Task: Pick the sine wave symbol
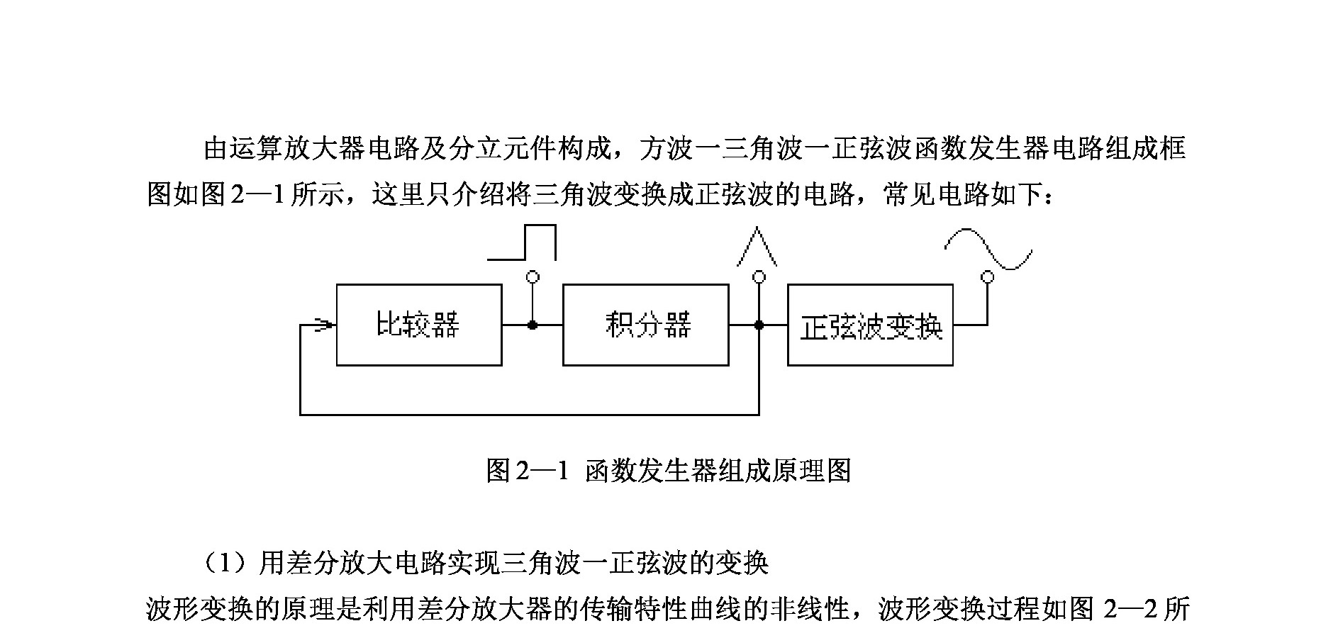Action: [988, 249]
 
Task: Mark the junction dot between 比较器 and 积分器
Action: [533, 325]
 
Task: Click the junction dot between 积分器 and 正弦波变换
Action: [759, 325]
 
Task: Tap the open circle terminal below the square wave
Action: [533, 276]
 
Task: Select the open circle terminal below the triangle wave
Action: [759, 276]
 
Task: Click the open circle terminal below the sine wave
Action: [986, 276]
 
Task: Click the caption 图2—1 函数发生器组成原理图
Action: [668, 470]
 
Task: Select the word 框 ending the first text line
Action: [1173, 149]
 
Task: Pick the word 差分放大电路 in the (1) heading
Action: [359, 564]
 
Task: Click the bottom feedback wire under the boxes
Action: [529, 414]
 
